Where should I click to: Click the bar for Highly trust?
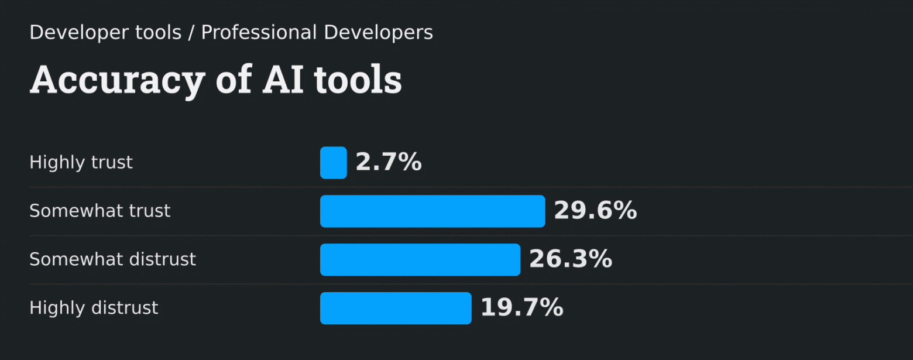(333, 163)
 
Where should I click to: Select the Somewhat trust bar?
(433, 211)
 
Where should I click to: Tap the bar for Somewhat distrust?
(420, 260)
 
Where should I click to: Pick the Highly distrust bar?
(396, 308)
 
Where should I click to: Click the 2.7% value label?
(389, 162)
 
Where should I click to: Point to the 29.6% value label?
(595, 211)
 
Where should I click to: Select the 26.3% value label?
(571, 259)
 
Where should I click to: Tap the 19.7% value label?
(522, 308)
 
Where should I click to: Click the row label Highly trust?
(81, 162)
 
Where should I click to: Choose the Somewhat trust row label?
(100, 211)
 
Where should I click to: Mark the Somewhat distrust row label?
(113, 259)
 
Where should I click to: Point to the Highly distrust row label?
(94, 308)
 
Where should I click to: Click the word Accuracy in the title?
(117, 81)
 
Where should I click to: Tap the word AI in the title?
(283, 80)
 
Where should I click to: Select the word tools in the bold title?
(358, 80)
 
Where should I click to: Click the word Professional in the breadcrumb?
(259, 33)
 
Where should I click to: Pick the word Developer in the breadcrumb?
(69, 33)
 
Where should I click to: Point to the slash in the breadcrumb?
(191, 33)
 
